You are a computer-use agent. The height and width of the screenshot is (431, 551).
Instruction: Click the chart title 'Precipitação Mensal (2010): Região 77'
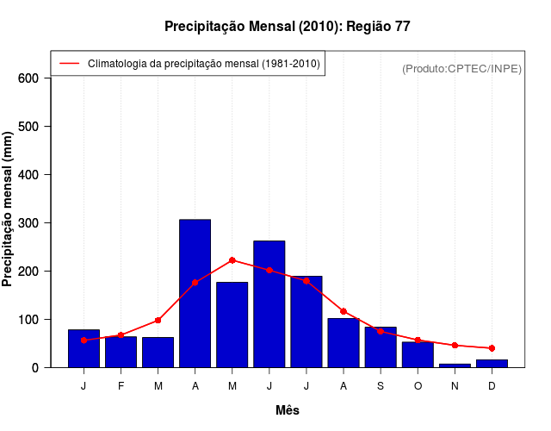[x=287, y=27]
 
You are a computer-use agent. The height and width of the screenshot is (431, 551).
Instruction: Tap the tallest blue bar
[x=195, y=293]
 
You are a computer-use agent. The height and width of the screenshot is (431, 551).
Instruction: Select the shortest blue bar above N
[x=455, y=365]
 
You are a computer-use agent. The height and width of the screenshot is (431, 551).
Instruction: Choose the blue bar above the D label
[x=492, y=363]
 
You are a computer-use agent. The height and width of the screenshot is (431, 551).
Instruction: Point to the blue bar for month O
[x=418, y=354]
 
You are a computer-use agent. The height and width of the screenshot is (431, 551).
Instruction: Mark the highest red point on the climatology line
[x=232, y=260]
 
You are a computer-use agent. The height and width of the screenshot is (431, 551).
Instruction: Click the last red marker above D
[x=492, y=348]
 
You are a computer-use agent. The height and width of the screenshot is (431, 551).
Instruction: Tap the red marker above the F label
[x=121, y=334]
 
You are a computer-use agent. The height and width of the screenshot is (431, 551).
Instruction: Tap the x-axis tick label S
[x=381, y=386]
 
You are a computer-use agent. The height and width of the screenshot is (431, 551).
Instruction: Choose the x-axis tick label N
[x=455, y=386]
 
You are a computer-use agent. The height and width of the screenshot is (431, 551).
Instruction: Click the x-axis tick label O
[x=418, y=386]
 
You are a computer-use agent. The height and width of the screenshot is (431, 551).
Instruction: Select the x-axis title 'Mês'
[x=288, y=410]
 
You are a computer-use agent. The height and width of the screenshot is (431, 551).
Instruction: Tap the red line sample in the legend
[x=70, y=64]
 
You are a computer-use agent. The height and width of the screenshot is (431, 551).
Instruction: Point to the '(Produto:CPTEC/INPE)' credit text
[x=461, y=68]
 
